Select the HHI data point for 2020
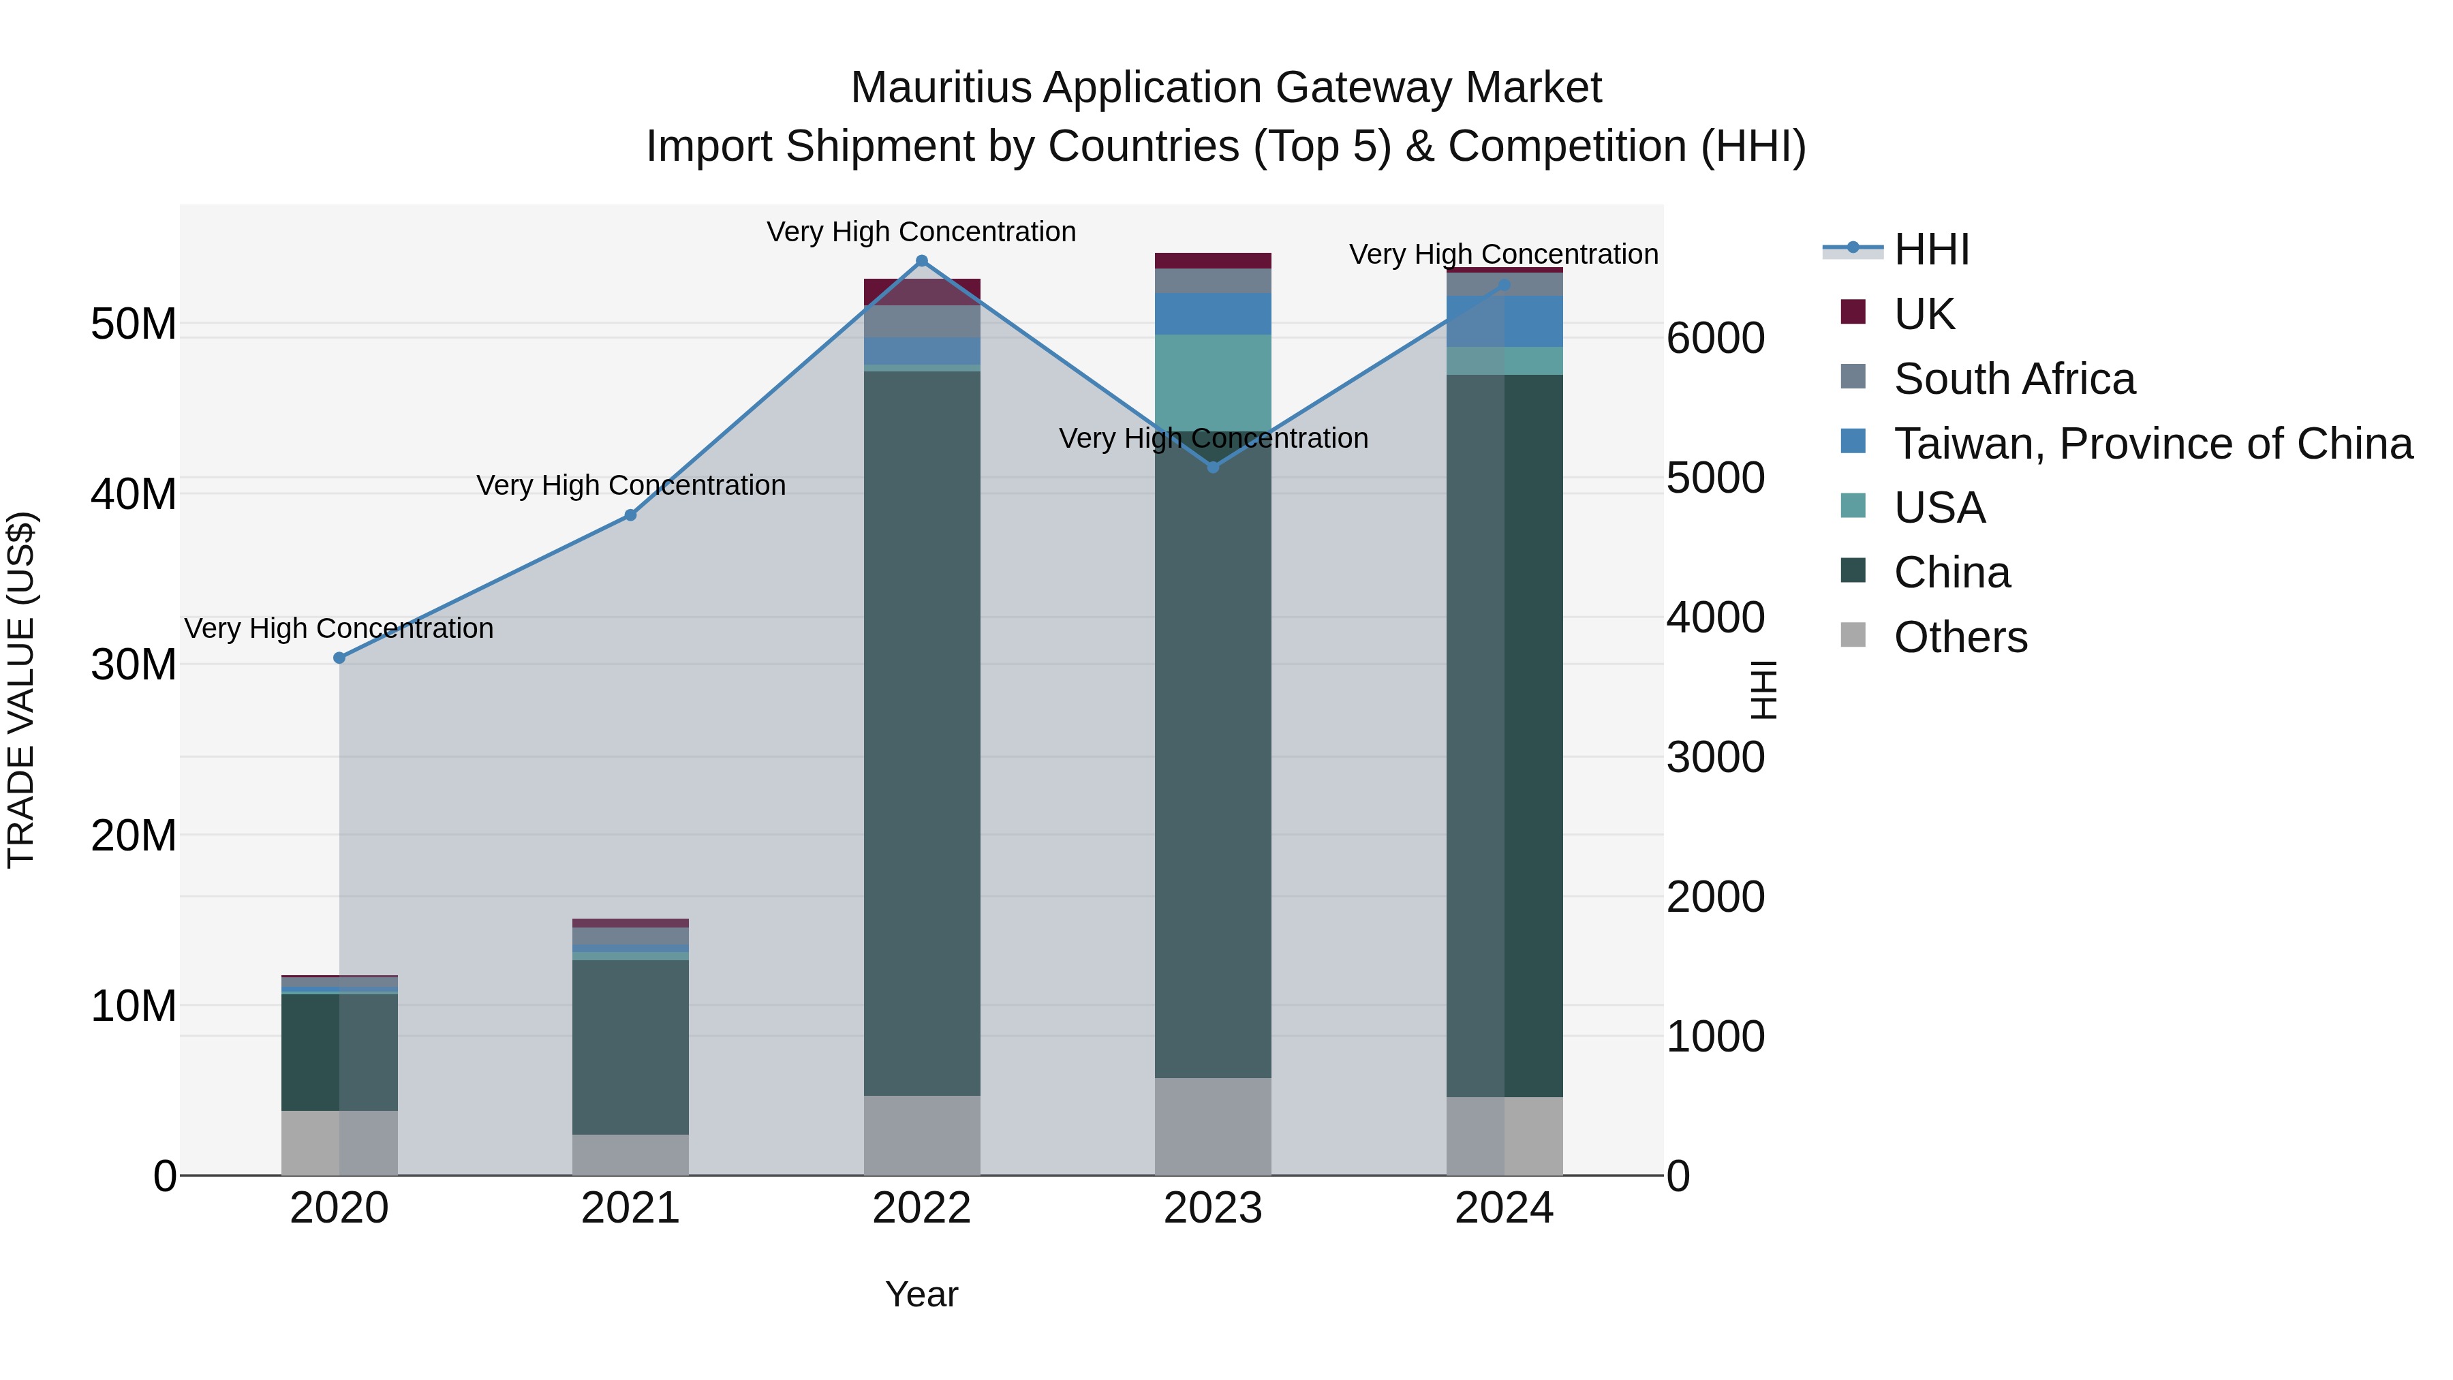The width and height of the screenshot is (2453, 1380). coord(339,658)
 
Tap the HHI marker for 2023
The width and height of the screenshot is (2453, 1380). coord(1212,467)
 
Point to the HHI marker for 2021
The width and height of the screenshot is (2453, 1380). coord(630,515)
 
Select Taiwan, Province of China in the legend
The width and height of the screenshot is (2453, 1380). coord(2151,444)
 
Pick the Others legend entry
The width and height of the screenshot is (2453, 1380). coord(1960,637)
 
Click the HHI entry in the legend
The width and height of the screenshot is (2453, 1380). coord(1930,249)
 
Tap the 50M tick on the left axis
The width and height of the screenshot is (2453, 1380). coord(134,325)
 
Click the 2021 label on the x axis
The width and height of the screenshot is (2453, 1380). coord(630,1208)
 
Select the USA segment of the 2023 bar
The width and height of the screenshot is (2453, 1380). coord(1212,381)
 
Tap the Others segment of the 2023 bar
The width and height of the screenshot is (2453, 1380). coord(1212,1126)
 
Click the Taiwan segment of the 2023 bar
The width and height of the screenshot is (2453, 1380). coord(1212,313)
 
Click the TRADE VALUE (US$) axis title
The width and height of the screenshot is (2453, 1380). coord(21,690)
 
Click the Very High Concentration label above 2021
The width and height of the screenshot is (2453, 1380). coord(630,486)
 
